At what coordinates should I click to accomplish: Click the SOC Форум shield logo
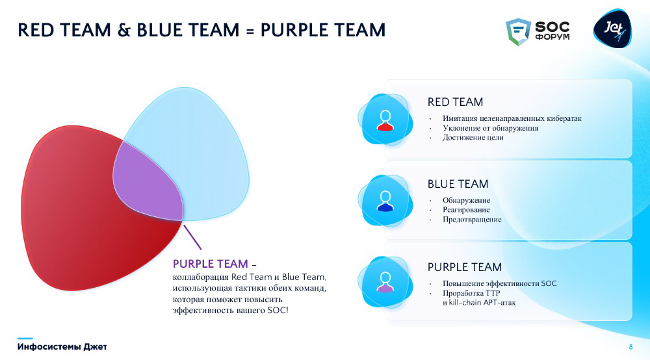tap(518, 31)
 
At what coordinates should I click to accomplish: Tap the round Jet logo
tap(613, 29)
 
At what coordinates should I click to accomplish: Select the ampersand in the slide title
tap(124, 31)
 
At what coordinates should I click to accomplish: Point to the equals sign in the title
tap(250, 31)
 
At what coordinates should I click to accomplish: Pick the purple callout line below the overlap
tap(192, 237)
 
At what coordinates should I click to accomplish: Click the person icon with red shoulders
tap(385, 121)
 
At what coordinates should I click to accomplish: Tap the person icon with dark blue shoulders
tap(385, 201)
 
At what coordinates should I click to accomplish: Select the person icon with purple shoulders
tap(385, 283)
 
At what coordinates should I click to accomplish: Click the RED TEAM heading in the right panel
tap(455, 102)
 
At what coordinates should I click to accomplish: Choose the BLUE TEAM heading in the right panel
tap(458, 184)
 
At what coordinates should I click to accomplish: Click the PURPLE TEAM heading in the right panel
tap(464, 267)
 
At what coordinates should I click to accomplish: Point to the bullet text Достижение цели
tap(473, 138)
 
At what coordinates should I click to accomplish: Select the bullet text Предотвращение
tap(472, 220)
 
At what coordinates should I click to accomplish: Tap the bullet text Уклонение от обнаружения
tap(490, 128)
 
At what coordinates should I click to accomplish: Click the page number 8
tap(630, 347)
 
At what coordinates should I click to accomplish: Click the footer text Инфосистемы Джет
tap(62, 347)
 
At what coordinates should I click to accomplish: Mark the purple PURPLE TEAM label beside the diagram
tap(210, 264)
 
